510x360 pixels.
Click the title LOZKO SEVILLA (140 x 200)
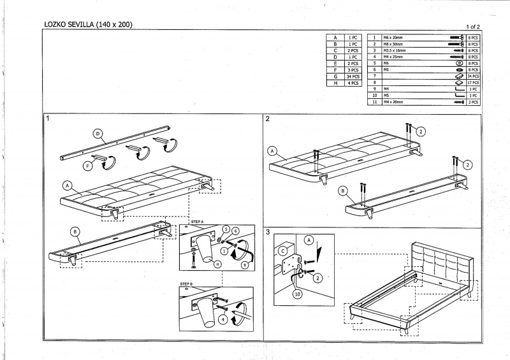click(87, 25)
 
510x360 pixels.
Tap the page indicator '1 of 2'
click(473, 26)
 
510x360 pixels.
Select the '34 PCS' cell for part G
click(353, 76)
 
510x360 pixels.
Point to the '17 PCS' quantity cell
click(473, 83)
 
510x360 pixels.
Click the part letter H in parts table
click(335, 83)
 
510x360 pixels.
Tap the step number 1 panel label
click(48, 119)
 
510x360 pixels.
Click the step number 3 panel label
click(268, 231)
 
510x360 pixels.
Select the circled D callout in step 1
click(98, 134)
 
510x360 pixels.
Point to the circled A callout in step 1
click(67, 185)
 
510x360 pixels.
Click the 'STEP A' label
click(198, 222)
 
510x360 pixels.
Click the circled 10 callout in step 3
click(297, 294)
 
